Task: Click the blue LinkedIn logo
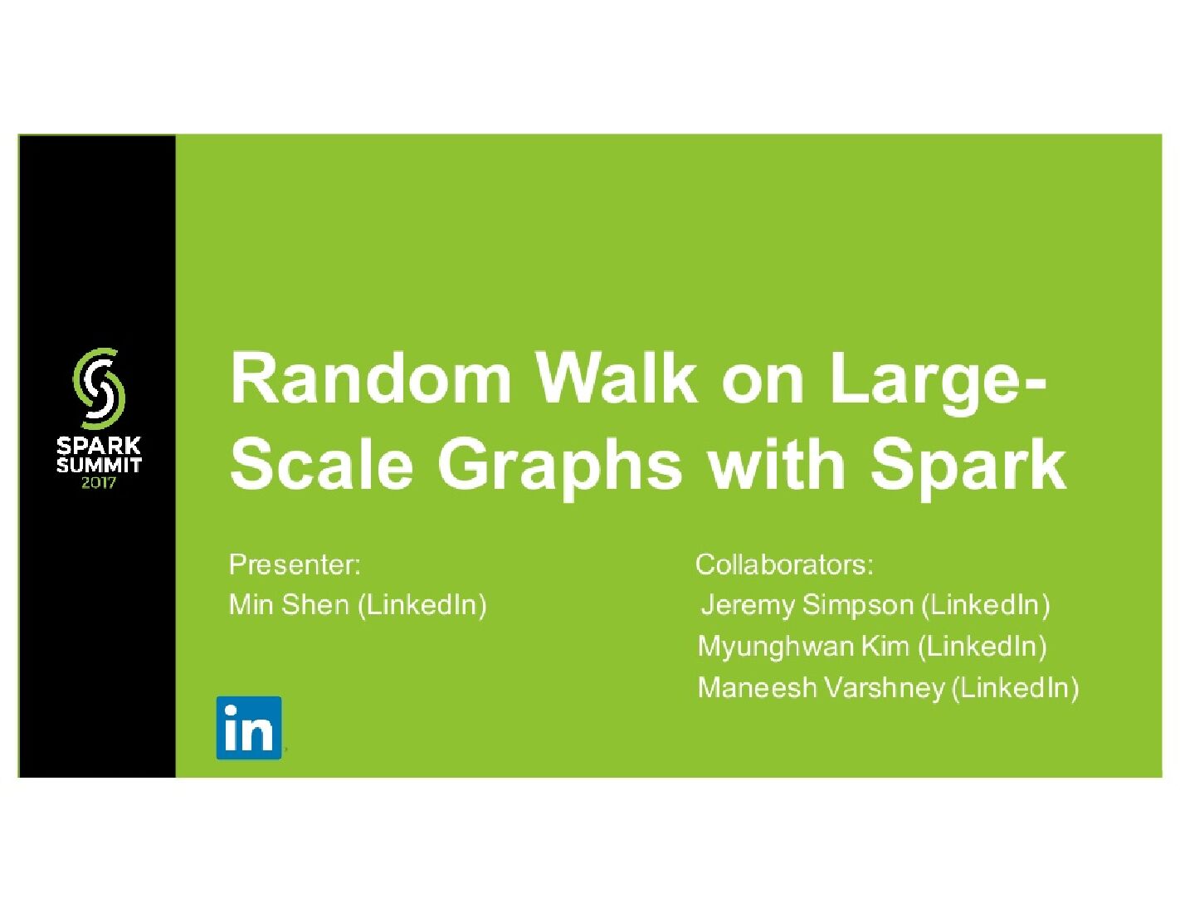pyautogui.click(x=248, y=728)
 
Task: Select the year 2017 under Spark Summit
pyautogui.click(x=99, y=482)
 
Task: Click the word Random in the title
pyautogui.click(x=370, y=378)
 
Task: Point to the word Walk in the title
pyautogui.click(x=617, y=378)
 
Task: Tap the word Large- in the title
pyautogui.click(x=938, y=378)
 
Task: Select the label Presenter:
pyautogui.click(x=295, y=565)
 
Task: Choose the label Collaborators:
pyautogui.click(x=784, y=565)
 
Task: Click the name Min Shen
pyautogui.click(x=289, y=605)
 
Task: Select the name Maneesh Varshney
pyautogui.click(x=821, y=688)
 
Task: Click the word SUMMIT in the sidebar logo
pyautogui.click(x=99, y=465)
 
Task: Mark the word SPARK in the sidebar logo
pyautogui.click(x=99, y=446)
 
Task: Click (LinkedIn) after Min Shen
pyautogui.click(x=422, y=605)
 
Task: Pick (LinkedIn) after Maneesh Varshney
pyautogui.click(x=1015, y=688)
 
